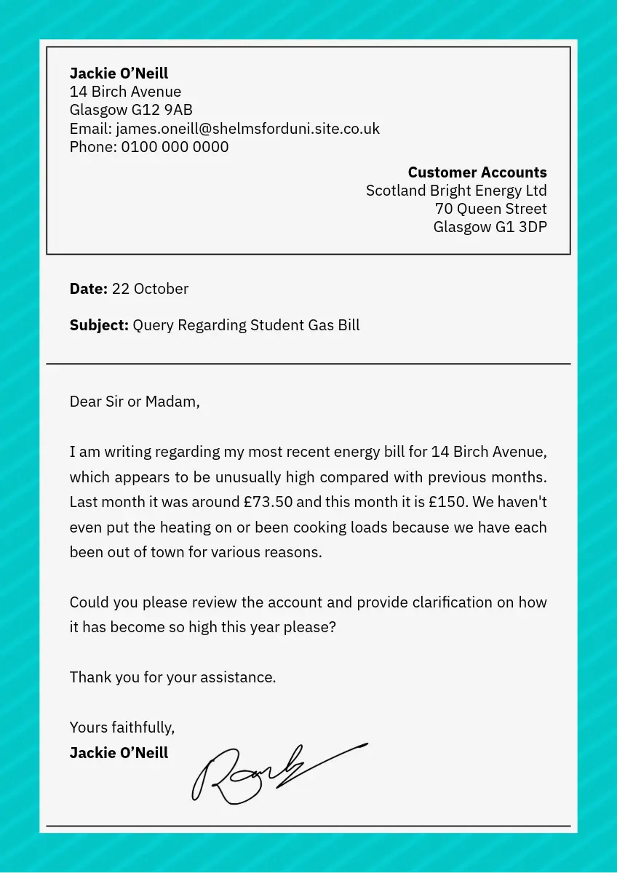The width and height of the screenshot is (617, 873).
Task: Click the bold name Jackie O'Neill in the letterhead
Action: pyautogui.click(x=119, y=73)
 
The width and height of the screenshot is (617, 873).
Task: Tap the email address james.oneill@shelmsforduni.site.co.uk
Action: pyautogui.click(x=247, y=129)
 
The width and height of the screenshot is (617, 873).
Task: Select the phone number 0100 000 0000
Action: pyautogui.click(x=175, y=147)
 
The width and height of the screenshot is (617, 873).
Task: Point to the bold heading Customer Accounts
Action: pyautogui.click(x=477, y=172)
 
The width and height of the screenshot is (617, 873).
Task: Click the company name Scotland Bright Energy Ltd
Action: pyautogui.click(x=456, y=191)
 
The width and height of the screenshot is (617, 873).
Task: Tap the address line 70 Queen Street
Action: pyautogui.click(x=490, y=209)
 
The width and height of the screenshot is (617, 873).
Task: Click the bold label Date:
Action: pyautogui.click(x=88, y=289)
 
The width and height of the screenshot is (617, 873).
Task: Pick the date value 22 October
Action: pyautogui.click(x=150, y=289)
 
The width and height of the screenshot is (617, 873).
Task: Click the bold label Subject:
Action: pyautogui.click(x=99, y=325)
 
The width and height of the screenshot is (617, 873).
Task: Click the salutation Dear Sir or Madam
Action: pyautogui.click(x=134, y=402)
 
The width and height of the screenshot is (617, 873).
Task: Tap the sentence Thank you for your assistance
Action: pyautogui.click(x=172, y=677)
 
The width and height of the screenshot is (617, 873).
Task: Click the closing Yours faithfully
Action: pyautogui.click(x=122, y=727)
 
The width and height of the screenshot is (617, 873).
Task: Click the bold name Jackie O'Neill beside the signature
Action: pyautogui.click(x=119, y=753)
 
